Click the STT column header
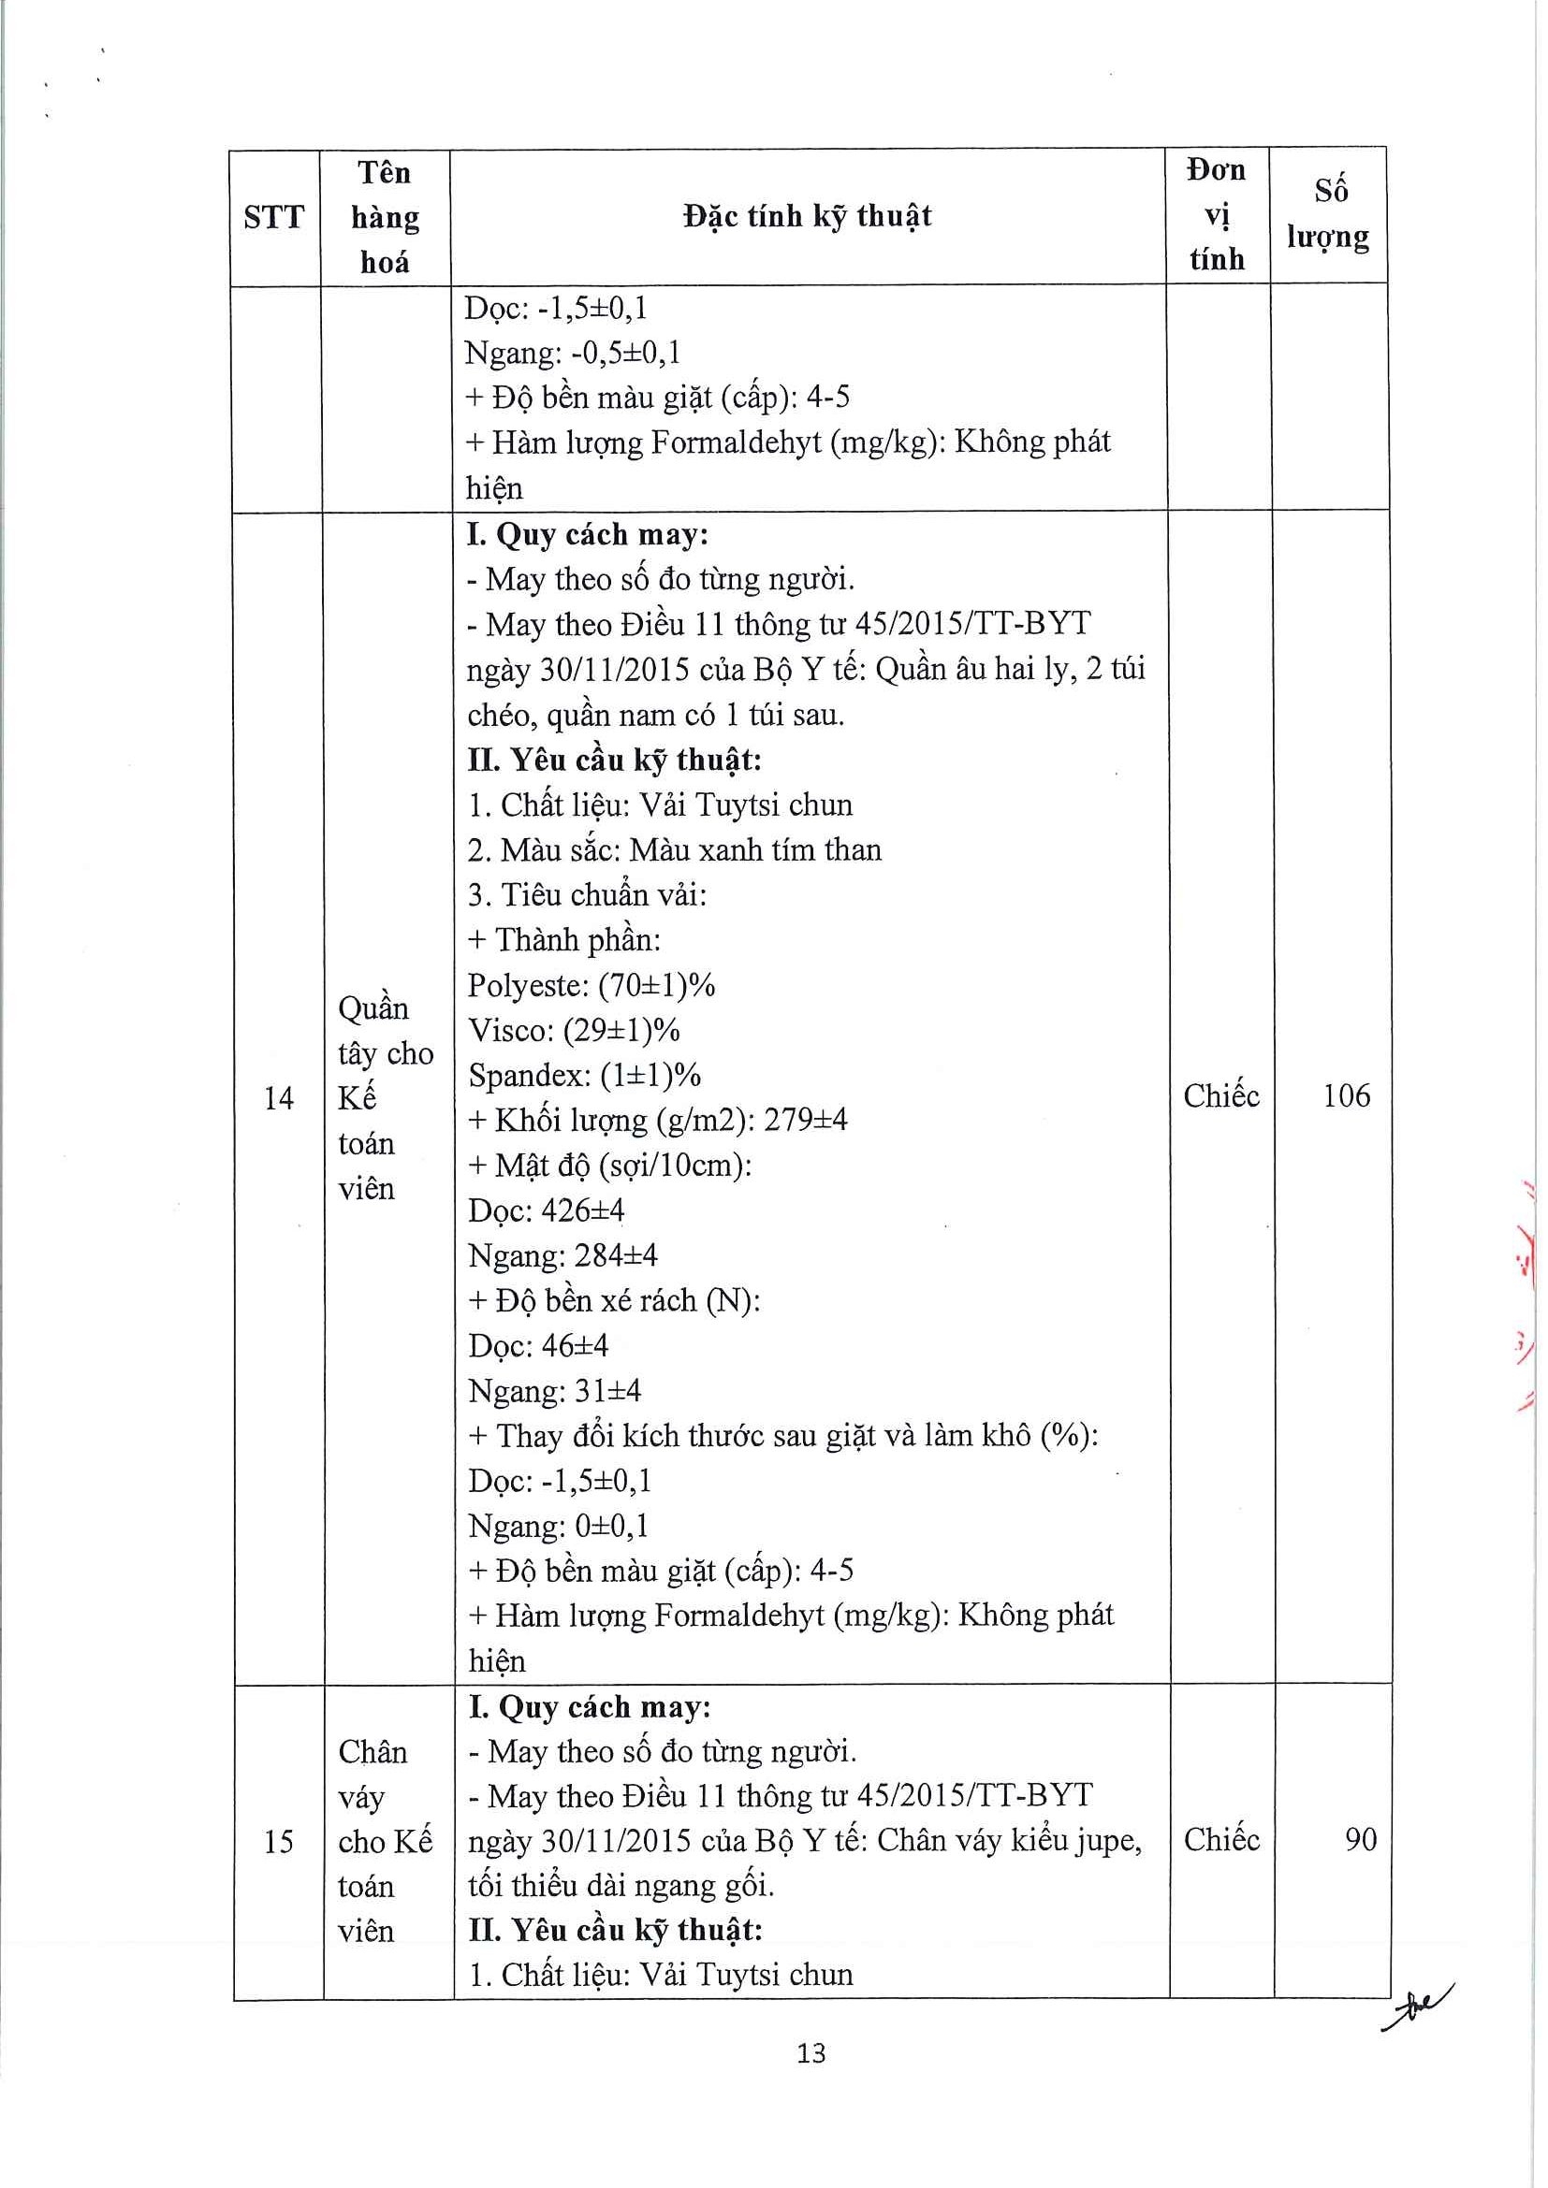[273, 218]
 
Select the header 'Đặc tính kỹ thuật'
[808, 216]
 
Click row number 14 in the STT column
[278, 1098]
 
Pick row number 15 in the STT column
[278, 1841]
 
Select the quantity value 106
[1346, 1096]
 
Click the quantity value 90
[1360, 1839]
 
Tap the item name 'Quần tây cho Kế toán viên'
[385, 1098]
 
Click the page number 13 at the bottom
[811, 2052]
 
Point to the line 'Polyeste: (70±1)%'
[591, 985]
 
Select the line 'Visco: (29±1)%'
[574, 1030]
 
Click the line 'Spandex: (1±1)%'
[584, 1075]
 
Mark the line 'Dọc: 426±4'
[547, 1210]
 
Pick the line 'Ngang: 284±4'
[562, 1255]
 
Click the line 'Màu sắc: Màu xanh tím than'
[675, 850]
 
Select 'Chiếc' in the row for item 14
[1221, 1096]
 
